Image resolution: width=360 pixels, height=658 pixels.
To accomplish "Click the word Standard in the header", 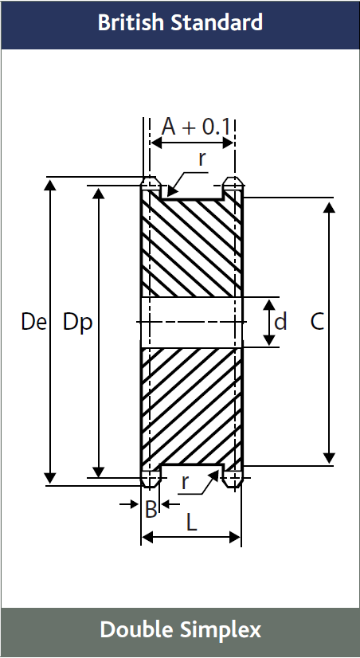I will (216, 23).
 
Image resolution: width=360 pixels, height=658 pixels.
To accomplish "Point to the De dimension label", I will (33, 322).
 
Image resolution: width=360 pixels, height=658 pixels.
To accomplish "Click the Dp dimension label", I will (77, 322).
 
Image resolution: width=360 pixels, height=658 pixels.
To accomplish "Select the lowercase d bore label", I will (280, 322).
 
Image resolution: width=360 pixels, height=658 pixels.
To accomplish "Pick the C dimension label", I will (317, 322).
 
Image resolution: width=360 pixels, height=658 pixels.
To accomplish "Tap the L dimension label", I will (191, 523).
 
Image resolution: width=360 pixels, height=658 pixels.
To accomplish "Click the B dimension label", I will (151, 510).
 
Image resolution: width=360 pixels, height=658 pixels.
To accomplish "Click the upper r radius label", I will (202, 158).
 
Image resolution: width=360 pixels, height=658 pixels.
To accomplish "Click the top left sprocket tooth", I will (150, 186).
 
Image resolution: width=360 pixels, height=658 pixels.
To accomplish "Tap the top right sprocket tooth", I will (232, 186).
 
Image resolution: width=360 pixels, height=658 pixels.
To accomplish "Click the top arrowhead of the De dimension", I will (50, 185).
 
